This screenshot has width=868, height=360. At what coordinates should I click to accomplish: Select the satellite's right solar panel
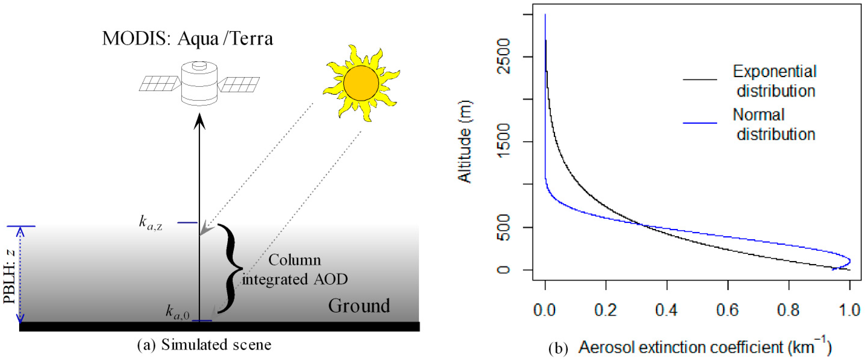pyautogui.click(x=239, y=84)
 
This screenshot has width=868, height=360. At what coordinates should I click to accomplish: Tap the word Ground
pyautogui.click(x=359, y=306)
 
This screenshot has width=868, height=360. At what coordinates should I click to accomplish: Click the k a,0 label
pyautogui.click(x=177, y=312)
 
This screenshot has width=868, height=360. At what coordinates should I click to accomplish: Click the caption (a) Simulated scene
pyautogui.click(x=204, y=344)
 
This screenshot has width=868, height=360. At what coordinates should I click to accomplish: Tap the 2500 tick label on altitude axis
pyautogui.click(x=505, y=56)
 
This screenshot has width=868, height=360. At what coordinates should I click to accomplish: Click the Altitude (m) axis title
pyautogui.click(x=465, y=142)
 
